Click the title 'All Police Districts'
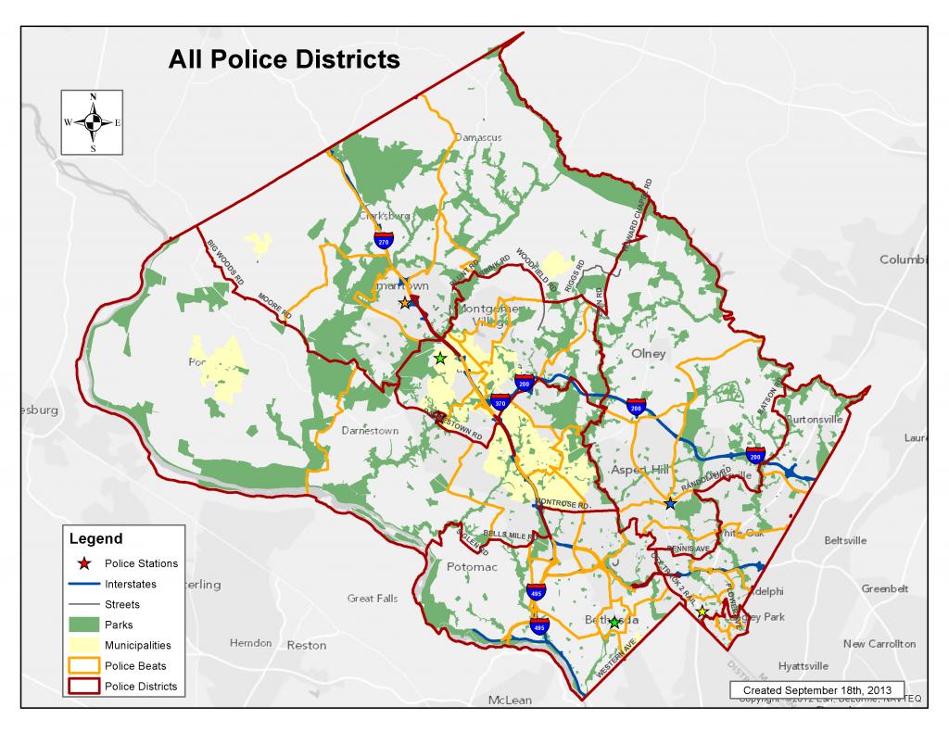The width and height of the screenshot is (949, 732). pos(284,60)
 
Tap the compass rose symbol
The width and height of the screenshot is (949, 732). pos(93,122)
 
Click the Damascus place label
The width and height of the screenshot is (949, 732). pos(477,137)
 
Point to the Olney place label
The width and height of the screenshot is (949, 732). pos(648,353)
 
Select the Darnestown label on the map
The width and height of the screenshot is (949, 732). pos(369,431)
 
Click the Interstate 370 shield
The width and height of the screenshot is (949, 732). pos(500,403)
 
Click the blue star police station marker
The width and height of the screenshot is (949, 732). pos(670,503)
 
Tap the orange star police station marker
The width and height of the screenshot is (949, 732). pos(404,303)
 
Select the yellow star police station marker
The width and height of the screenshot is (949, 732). pos(702,612)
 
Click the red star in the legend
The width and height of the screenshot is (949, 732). pos(83,563)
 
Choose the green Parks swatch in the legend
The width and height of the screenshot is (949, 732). pos(83,625)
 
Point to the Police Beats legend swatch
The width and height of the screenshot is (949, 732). pos(83,666)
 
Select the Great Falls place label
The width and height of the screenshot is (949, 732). pos(373,599)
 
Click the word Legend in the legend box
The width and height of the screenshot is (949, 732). pos(96,538)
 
